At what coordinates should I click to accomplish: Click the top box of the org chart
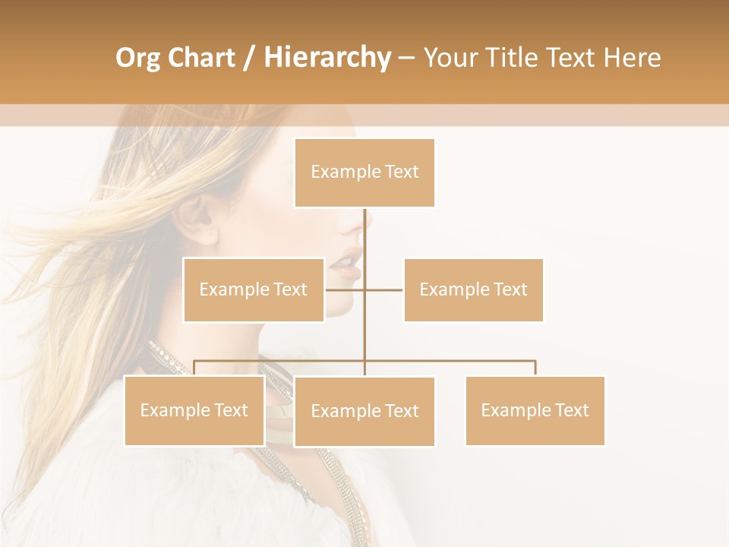(364, 172)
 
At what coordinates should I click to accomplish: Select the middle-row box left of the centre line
(253, 289)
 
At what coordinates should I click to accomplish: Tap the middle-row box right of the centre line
(473, 289)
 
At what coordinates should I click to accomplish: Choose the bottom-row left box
(194, 411)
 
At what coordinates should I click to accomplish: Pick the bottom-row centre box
(364, 412)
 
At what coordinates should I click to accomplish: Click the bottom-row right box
(535, 411)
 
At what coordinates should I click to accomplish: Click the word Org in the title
(139, 58)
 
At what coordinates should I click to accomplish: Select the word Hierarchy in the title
(327, 58)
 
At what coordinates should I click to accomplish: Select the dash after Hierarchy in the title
(406, 58)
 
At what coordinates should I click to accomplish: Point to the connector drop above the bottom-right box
(535, 368)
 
